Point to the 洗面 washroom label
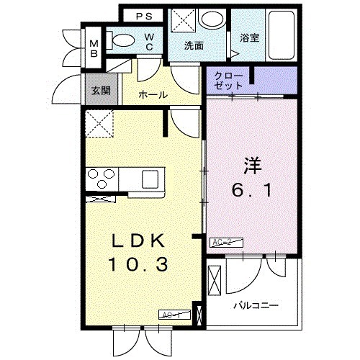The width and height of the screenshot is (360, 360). (194, 45)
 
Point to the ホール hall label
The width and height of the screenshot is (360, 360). (153, 94)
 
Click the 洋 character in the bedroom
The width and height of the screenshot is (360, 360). (251, 165)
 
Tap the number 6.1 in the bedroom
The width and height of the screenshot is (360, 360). (251, 192)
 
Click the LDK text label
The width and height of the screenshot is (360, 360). (138, 240)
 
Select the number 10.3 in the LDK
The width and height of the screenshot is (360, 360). (138, 265)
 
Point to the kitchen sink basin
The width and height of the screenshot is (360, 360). (153, 177)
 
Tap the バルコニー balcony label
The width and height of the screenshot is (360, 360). (256, 305)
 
